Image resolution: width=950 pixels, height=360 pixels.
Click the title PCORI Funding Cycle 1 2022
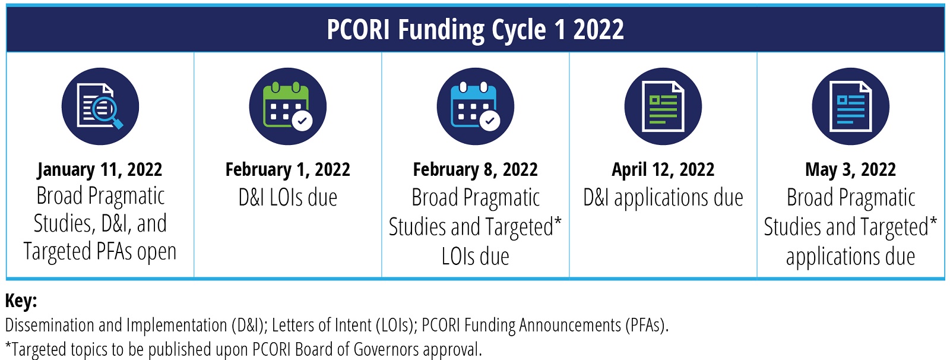[x=475, y=30]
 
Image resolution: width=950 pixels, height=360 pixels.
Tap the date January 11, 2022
[x=100, y=170]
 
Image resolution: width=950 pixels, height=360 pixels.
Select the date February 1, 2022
[x=287, y=170]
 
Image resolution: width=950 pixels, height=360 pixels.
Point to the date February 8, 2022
[x=476, y=170]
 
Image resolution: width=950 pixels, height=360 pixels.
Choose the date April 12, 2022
[x=663, y=170]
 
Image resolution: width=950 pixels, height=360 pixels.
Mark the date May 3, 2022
[x=851, y=170]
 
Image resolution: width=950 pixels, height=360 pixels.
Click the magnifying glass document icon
[x=100, y=106]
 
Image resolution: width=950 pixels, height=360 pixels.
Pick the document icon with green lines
[x=663, y=106]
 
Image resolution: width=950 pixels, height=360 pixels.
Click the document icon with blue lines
[x=851, y=106]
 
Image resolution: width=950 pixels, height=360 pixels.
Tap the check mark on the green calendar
[x=302, y=121]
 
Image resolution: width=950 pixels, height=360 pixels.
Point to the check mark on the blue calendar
[x=490, y=121]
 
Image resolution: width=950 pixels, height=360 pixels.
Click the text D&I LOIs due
[x=287, y=198]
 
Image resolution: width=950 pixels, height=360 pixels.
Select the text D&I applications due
[x=663, y=198]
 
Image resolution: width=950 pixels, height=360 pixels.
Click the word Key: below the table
[x=21, y=301]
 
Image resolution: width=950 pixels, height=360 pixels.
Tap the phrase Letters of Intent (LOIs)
[x=343, y=326]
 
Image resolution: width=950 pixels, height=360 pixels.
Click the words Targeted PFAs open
[x=100, y=252]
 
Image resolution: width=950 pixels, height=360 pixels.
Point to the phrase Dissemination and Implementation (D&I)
[x=134, y=326]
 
